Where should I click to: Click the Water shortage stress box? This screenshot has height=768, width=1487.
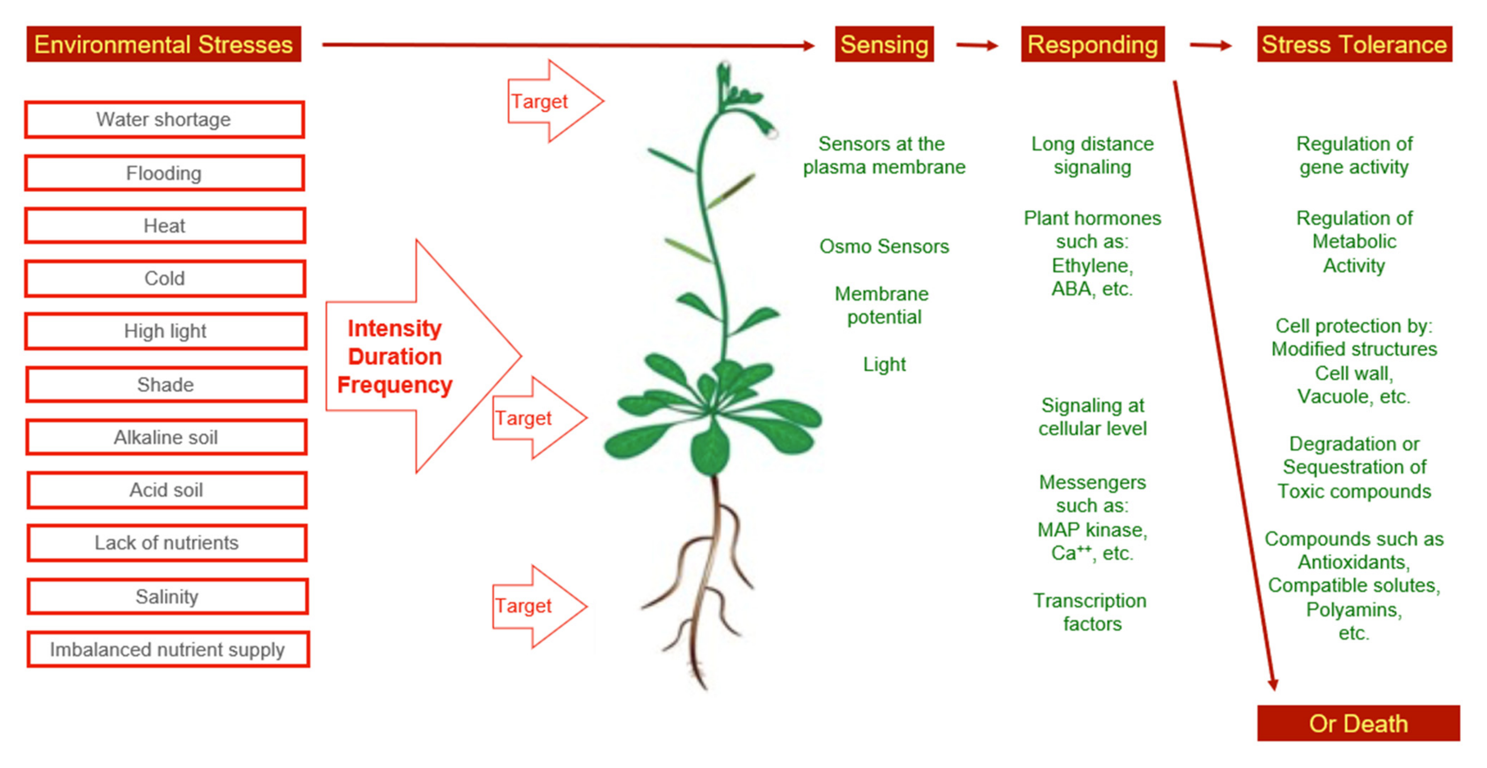pyautogui.click(x=164, y=119)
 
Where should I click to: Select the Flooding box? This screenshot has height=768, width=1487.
pyautogui.click(x=164, y=173)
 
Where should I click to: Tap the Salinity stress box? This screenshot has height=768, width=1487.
pyautogui.click(x=167, y=596)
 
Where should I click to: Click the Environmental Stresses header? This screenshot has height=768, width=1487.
pyautogui.click(x=163, y=44)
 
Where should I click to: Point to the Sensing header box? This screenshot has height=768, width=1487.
pyautogui.click(x=884, y=44)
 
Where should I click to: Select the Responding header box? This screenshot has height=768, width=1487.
pyautogui.click(x=1092, y=44)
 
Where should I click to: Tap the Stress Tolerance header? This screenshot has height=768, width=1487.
pyautogui.click(x=1354, y=44)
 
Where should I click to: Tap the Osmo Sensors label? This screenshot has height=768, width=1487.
pyautogui.click(x=884, y=247)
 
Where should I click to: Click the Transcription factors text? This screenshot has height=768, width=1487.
pyautogui.click(x=1091, y=612)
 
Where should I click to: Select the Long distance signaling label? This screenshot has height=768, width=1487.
pyautogui.click(x=1092, y=155)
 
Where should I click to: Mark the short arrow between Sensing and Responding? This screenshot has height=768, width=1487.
pyautogui.click(x=977, y=45)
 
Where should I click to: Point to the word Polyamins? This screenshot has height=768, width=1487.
pyautogui.click(x=1354, y=609)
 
